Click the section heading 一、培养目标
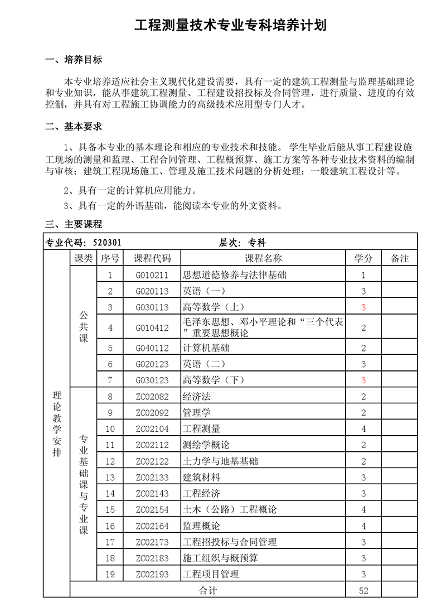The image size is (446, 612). pyautogui.click(x=74, y=60)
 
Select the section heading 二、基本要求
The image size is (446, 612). pyautogui.click(x=74, y=127)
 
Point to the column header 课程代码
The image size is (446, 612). pyautogui.click(x=152, y=258)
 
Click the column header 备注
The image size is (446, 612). pyautogui.click(x=400, y=258)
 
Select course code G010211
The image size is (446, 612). pyautogui.click(x=152, y=275)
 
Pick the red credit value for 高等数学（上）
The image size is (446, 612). pyautogui.click(x=363, y=307)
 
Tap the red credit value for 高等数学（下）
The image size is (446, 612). pyautogui.click(x=363, y=380)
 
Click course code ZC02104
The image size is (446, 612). pyautogui.click(x=152, y=429)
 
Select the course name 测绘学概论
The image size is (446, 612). pyautogui.click(x=206, y=445)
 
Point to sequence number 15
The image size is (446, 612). pyautogui.click(x=110, y=510)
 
